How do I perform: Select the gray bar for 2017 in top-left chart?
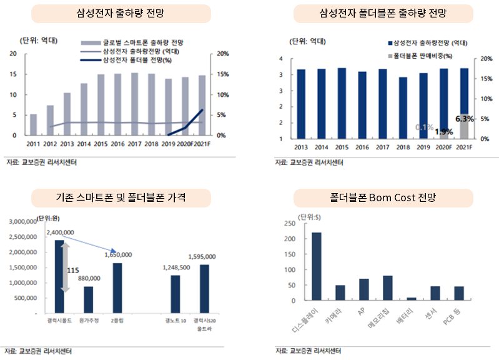[x=134, y=104]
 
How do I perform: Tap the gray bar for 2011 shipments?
[x=34, y=124]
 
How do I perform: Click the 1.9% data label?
[x=443, y=131]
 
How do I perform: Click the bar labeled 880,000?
[x=89, y=299]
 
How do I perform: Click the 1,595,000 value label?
[x=202, y=256]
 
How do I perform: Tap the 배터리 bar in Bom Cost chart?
[x=410, y=299]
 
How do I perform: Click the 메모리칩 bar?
[x=387, y=288]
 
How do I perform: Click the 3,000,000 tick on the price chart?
[x=25, y=221]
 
